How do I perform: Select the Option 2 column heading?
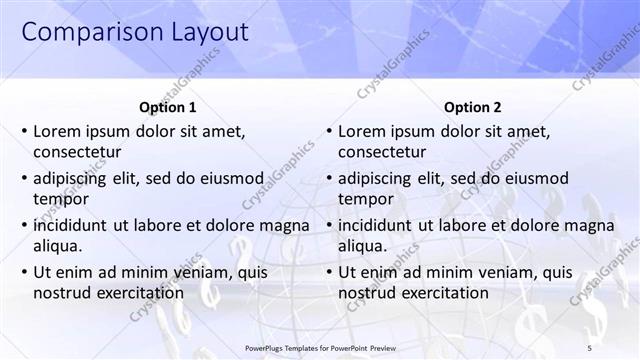[472, 107]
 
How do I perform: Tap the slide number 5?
[618, 347]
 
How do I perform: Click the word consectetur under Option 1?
[77, 152]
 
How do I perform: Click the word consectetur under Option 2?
[382, 152]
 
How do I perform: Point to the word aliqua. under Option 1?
[58, 245]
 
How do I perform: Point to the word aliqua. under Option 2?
[363, 245]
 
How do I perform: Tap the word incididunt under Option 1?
[71, 225]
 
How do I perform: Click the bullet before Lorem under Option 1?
[23, 131]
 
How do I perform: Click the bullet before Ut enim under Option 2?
[328, 272]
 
